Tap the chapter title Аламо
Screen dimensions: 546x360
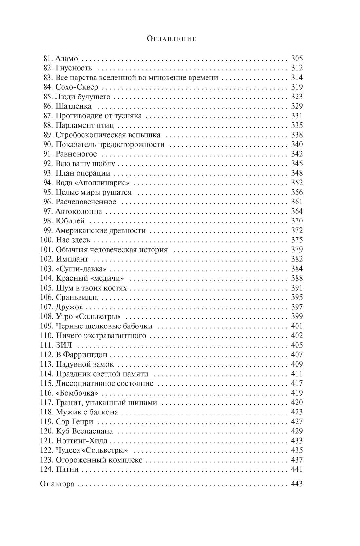67,59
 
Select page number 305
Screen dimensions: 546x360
297,59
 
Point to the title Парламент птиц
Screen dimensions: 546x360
85,126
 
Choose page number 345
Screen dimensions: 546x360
297,164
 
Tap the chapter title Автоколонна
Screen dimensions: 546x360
79,211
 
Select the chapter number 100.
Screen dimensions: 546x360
46,240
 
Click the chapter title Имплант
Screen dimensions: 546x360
72,259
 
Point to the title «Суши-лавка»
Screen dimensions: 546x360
81,269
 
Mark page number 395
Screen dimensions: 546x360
297,297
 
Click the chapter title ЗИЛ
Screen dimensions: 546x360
64,345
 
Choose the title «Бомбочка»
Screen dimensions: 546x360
77,393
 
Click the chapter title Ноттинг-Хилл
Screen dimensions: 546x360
81,441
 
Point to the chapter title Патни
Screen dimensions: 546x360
67,469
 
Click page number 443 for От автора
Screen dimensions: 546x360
297,484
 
